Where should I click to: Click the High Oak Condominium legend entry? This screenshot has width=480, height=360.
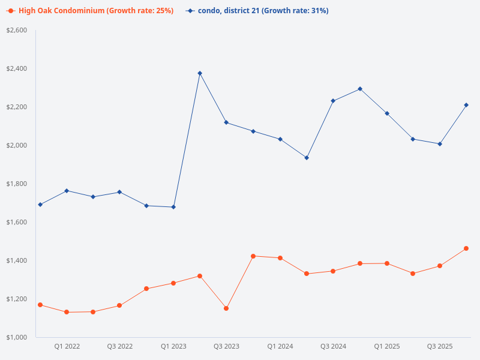point(90,11)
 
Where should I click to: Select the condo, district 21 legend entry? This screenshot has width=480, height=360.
point(258,11)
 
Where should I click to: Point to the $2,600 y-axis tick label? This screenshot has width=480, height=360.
point(17,30)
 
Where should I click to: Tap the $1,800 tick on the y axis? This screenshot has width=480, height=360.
point(17,184)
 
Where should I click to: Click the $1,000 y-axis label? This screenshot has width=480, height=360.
point(17,337)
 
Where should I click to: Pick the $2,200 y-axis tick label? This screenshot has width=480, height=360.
point(17,107)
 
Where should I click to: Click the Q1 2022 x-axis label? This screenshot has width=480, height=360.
point(67,346)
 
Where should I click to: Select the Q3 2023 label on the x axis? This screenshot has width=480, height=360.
point(226,346)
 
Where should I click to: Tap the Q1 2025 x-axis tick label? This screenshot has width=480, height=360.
point(386,346)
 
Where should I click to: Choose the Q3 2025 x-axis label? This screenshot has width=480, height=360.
point(440,346)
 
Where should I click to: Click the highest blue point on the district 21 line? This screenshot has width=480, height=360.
point(200,73)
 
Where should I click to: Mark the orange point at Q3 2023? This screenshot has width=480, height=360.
point(226,308)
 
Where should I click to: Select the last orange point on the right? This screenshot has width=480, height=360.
point(466,248)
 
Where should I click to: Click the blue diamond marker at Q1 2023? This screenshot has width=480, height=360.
point(173,207)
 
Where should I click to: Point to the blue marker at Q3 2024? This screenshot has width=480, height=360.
point(333,101)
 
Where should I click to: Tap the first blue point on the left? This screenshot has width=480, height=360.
point(40,205)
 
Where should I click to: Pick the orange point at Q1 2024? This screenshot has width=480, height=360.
point(280,258)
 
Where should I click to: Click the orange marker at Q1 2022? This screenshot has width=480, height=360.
point(67,312)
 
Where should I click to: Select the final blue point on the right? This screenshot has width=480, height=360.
point(466,105)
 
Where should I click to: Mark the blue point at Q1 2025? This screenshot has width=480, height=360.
point(386,113)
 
